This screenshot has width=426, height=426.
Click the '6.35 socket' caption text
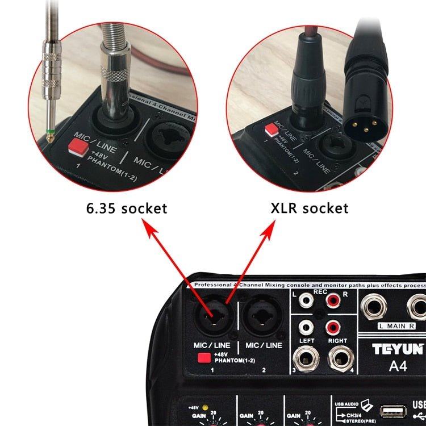pyautogui.click(x=127, y=208)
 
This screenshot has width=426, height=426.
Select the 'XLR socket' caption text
pyautogui.click(x=309, y=208)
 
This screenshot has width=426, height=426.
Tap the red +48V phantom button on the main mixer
pyautogui.click(x=204, y=358)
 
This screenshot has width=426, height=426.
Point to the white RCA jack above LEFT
pyautogui.click(x=306, y=327)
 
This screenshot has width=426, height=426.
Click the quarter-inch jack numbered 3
pyautogui.click(x=306, y=359)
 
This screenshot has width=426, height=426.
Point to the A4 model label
pyautogui.click(x=398, y=366)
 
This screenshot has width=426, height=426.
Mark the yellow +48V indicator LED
pyautogui.click(x=212, y=408)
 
